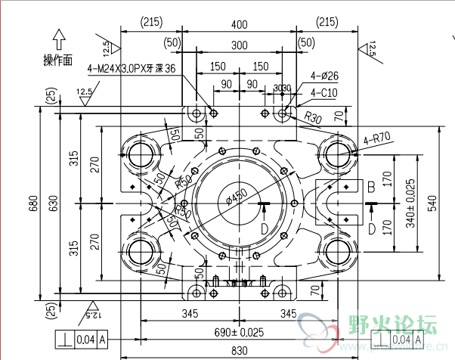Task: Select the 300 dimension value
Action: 239,45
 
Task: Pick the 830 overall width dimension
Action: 239,350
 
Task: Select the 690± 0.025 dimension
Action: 239,331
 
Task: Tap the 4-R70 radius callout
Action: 376,139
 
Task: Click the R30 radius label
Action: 313,119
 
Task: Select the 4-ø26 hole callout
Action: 324,76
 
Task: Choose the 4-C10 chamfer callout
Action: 323,94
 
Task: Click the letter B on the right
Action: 371,186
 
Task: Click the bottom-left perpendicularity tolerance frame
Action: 80,340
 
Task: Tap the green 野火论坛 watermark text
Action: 392,325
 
